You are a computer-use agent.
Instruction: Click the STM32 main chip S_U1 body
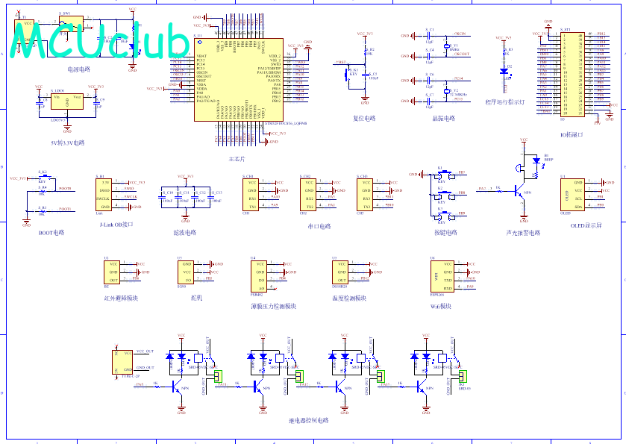click(x=238, y=79)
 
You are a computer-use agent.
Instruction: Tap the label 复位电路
click(x=364, y=118)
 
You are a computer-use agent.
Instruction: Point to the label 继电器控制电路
click(x=308, y=421)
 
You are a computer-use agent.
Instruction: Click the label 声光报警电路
click(x=523, y=233)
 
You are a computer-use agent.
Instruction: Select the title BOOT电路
click(x=51, y=233)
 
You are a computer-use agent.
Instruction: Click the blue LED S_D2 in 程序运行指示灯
click(x=504, y=72)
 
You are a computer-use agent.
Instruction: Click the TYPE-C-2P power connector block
click(x=119, y=362)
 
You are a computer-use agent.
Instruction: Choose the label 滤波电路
click(x=184, y=233)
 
